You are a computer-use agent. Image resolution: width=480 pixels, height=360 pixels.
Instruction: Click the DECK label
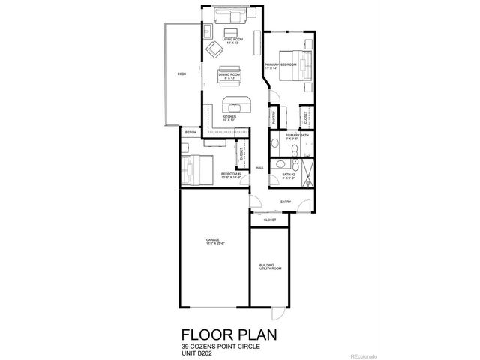[181, 73]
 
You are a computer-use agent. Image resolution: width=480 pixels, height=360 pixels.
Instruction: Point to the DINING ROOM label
[229, 75]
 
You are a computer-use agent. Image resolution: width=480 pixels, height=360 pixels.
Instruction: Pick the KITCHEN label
[229, 118]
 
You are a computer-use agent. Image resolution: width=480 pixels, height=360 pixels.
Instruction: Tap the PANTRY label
[275, 115]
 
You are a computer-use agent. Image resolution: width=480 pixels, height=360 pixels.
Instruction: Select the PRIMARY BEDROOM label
[281, 66]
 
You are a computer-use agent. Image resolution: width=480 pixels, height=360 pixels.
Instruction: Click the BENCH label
[190, 132]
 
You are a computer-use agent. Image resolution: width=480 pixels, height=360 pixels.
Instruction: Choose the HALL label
[259, 168]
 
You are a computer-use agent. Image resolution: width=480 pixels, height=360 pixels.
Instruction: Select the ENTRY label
[286, 202]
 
